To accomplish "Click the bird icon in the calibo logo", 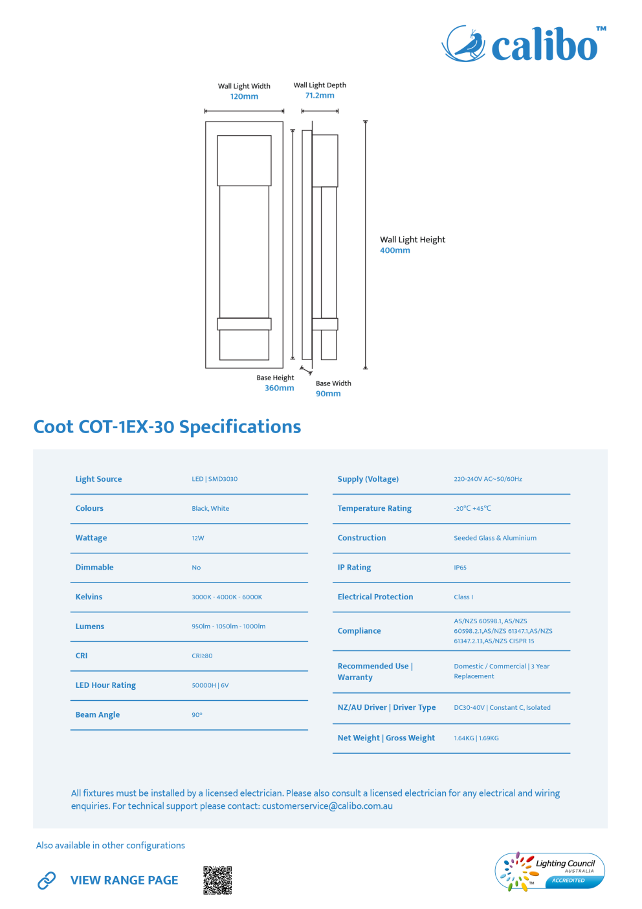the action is click(463, 43).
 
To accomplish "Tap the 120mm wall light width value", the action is click(244, 96).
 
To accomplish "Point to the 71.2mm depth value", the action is click(320, 96).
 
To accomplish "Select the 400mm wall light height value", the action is click(395, 250).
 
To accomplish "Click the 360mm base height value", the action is click(279, 388).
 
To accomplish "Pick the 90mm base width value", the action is click(328, 394).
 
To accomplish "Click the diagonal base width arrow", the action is click(306, 370).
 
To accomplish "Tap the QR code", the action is click(217, 880).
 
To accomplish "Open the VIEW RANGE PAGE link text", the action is click(124, 880).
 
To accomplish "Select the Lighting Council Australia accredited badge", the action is click(549, 872).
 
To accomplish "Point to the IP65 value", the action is click(460, 567).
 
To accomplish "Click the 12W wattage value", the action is click(198, 538).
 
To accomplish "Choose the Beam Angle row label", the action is click(98, 714).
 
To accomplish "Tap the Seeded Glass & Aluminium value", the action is click(495, 538).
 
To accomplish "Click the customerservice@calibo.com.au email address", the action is click(327, 806).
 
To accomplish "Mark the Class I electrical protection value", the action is click(463, 597).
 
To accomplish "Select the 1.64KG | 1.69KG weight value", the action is click(476, 738).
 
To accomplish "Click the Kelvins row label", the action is click(89, 597).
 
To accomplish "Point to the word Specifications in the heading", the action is click(240, 427).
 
